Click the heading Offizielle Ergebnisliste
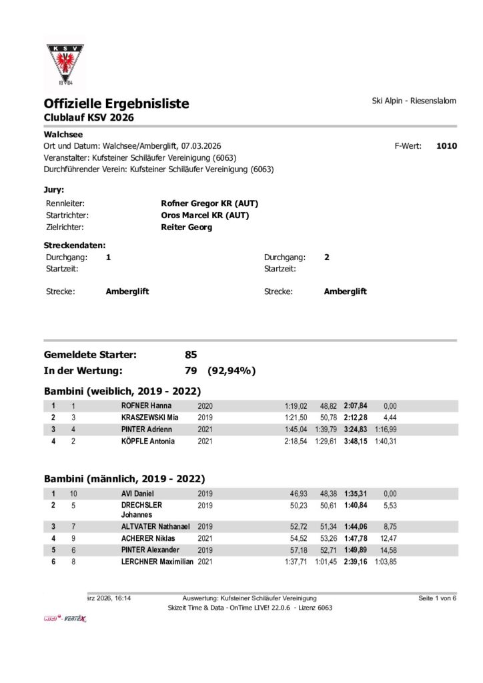click(116, 103)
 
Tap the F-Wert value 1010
click(446, 145)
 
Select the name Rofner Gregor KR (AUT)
click(209, 203)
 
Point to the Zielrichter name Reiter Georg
click(186, 227)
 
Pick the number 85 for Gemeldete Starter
click(191, 355)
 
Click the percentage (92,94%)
click(232, 371)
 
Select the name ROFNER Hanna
click(147, 406)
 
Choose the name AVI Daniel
click(138, 494)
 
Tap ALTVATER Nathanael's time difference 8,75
click(390, 526)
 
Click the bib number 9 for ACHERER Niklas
click(73, 538)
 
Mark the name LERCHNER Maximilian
click(157, 562)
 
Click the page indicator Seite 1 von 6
click(438, 598)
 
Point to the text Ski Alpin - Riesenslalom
click(414, 101)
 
